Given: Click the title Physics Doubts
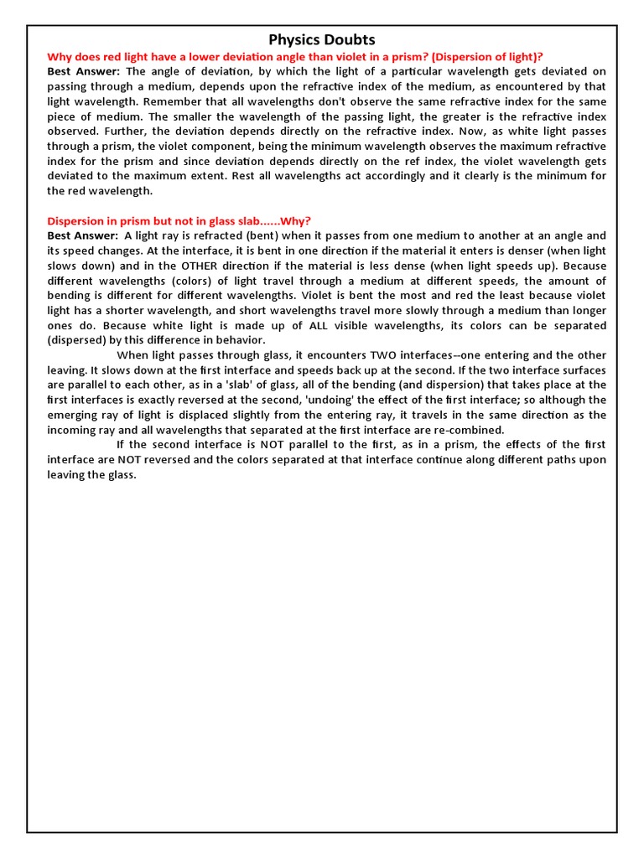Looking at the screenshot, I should (x=321, y=39).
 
